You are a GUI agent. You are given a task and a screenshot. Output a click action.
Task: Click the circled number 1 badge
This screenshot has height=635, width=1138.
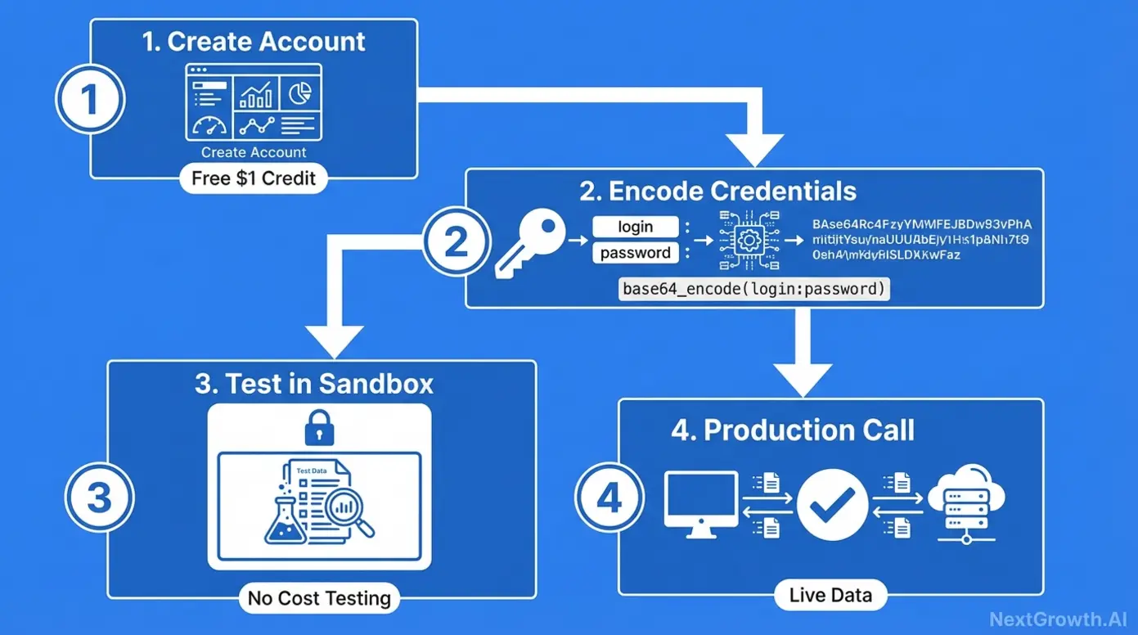(x=90, y=99)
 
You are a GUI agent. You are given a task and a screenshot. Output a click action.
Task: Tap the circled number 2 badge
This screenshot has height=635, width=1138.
(x=457, y=243)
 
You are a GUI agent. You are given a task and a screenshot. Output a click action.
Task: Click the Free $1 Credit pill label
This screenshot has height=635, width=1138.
(x=254, y=178)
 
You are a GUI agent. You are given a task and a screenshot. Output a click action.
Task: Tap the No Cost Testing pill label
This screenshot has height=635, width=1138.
(x=319, y=598)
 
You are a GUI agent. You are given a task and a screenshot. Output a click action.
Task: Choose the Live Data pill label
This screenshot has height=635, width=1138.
(x=830, y=595)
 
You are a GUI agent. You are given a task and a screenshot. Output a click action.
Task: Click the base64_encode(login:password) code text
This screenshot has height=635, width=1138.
(x=753, y=289)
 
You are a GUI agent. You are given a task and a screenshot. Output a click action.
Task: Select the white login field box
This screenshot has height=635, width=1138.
(x=636, y=227)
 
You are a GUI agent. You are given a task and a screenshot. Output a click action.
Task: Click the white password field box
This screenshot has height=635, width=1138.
(x=636, y=253)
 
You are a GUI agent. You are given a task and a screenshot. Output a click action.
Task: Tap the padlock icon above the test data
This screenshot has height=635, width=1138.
(x=319, y=428)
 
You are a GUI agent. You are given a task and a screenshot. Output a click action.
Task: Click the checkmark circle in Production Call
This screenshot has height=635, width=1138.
(x=832, y=504)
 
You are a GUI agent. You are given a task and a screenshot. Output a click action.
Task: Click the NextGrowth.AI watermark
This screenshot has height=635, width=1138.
(x=1058, y=619)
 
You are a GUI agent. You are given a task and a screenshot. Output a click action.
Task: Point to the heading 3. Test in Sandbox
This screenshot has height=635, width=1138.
(x=314, y=384)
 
